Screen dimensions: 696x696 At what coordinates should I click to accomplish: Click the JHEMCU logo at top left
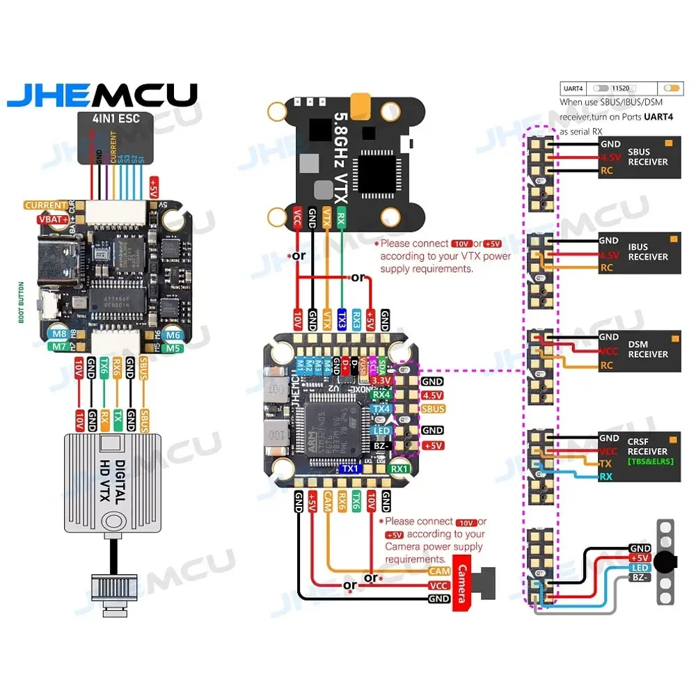(x=102, y=95)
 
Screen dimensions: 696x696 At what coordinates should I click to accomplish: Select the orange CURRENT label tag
(x=46, y=205)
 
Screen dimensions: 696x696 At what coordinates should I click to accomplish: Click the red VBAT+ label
(x=53, y=220)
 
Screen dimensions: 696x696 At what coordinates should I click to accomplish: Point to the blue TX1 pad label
(x=349, y=469)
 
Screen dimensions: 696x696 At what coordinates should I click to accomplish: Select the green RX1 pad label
(x=400, y=469)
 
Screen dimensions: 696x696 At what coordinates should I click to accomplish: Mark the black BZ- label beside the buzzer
(x=640, y=578)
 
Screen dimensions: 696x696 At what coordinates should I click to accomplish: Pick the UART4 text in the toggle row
(x=574, y=89)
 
